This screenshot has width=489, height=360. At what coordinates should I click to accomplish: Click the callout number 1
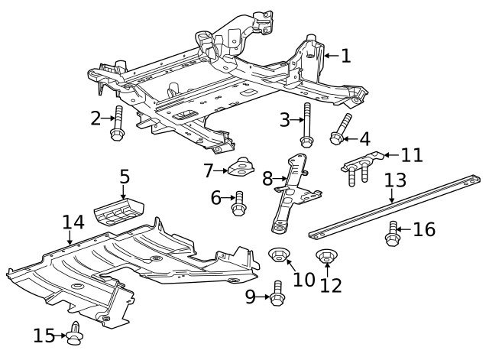345,55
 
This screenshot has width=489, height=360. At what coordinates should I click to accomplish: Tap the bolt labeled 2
118,125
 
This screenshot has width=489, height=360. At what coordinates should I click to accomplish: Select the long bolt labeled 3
306,125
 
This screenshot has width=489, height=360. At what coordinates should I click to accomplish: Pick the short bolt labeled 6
238,203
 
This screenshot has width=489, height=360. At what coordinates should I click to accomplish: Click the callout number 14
73,222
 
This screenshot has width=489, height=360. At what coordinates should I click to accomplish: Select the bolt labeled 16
393,234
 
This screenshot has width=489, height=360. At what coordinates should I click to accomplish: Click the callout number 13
394,181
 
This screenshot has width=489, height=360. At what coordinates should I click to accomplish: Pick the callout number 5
125,177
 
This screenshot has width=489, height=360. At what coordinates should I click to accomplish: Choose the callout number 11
411,155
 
